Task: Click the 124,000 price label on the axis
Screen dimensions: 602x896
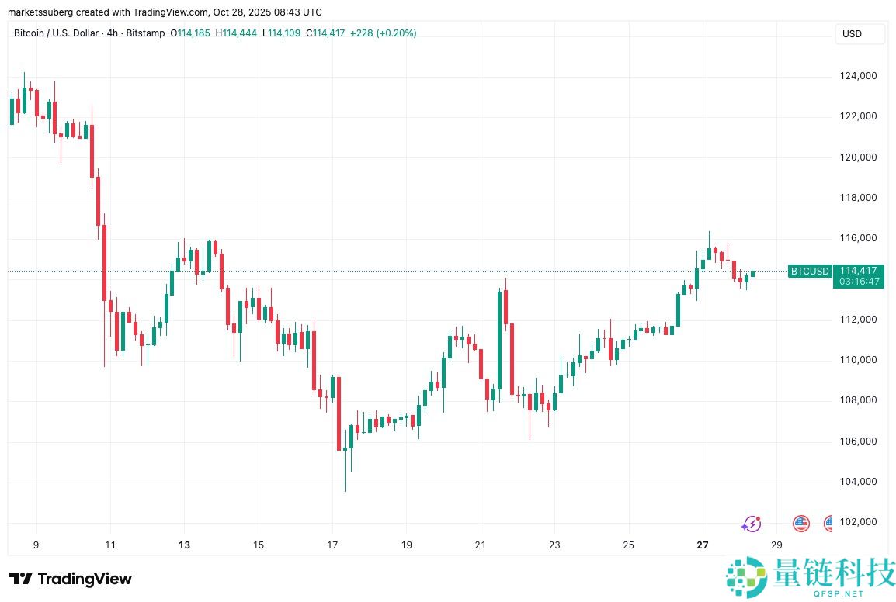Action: click(858, 76)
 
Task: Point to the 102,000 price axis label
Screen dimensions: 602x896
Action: click(858, 522)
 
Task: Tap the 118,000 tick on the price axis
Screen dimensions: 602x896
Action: click(858, 198)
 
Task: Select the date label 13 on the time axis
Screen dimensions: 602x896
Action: click(184, 545)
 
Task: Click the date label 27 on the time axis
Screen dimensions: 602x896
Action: click(703, 545)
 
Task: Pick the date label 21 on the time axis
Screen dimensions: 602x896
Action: click(481, 545)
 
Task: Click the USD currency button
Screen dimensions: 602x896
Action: click(852, 34)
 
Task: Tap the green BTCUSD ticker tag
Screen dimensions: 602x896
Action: click(810, 272)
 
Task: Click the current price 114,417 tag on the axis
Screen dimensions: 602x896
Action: click(858, 271)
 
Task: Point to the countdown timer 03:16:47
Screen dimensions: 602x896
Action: click(858, 282)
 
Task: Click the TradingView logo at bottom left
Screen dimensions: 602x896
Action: click(71, 579)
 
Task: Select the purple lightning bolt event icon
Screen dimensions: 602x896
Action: click(751, 524)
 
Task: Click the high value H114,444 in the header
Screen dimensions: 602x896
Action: click(238, 33)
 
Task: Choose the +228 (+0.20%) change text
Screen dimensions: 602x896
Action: click(383, 33)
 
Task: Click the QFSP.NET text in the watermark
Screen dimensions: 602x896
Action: click(834, 594)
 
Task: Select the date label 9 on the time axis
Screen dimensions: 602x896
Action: click(36, 545)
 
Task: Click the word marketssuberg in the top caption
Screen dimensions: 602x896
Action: click(36, 12)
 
